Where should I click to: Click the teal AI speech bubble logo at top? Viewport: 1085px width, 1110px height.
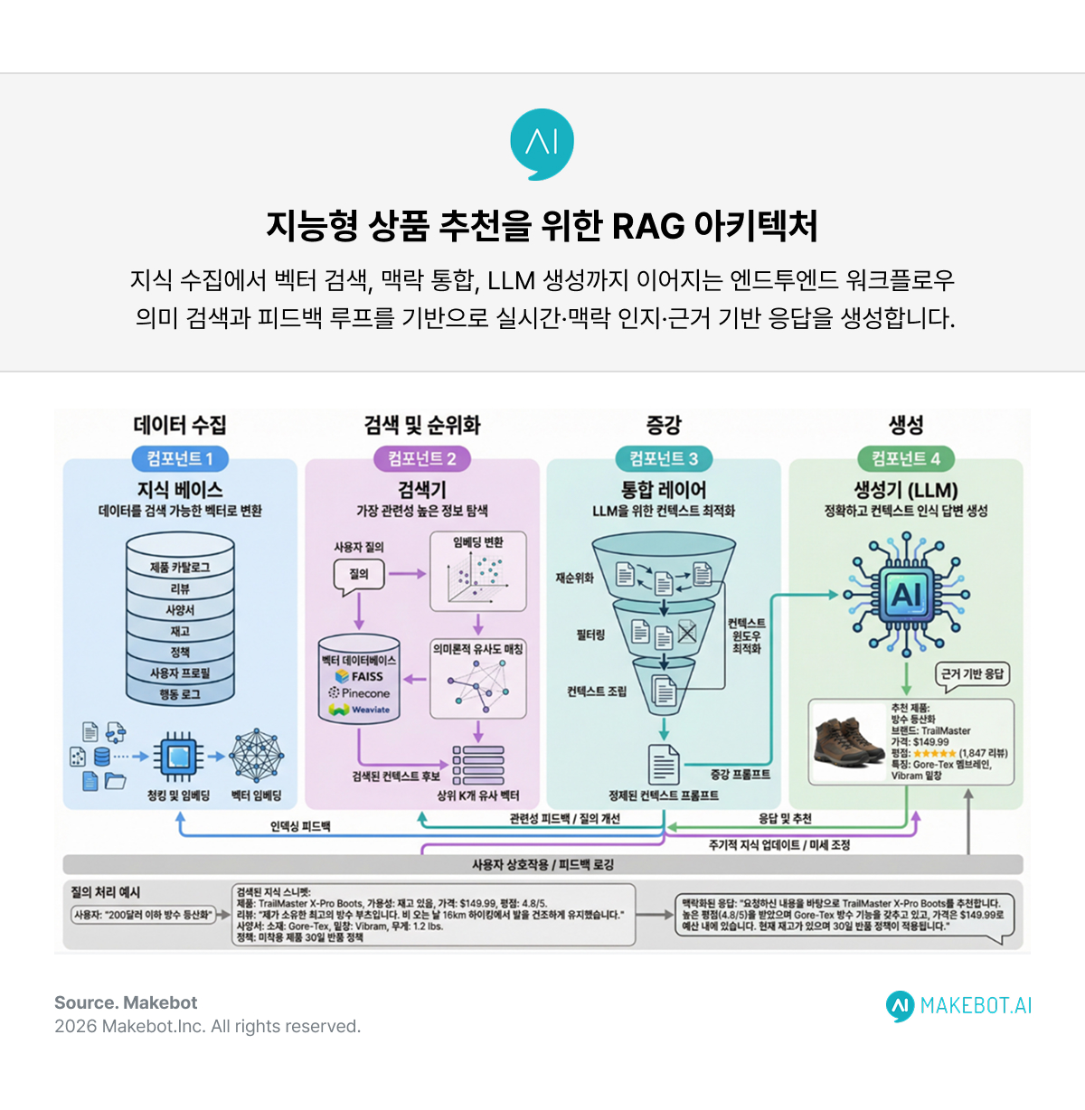542,143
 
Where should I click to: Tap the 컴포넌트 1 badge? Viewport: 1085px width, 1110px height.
180,459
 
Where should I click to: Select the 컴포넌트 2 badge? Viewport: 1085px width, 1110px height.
422,459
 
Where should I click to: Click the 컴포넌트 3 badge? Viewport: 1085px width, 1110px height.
664,459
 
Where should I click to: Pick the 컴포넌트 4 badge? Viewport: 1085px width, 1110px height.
905,459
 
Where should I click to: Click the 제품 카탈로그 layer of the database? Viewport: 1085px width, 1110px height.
180,567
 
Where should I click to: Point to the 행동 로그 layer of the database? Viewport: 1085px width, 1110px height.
180,694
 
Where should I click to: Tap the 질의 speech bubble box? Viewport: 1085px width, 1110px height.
359,574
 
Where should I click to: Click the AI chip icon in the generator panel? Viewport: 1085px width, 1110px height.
906,595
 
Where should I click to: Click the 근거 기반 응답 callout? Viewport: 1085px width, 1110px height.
972,674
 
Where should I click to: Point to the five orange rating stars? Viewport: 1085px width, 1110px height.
934,753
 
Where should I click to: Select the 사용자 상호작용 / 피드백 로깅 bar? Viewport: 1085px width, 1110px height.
542,865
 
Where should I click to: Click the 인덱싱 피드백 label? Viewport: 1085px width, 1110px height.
300,826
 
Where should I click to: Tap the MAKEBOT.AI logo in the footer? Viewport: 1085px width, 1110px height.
959,1006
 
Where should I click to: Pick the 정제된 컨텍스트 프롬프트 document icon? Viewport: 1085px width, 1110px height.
665,765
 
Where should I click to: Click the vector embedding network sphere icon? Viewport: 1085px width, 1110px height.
256,756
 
